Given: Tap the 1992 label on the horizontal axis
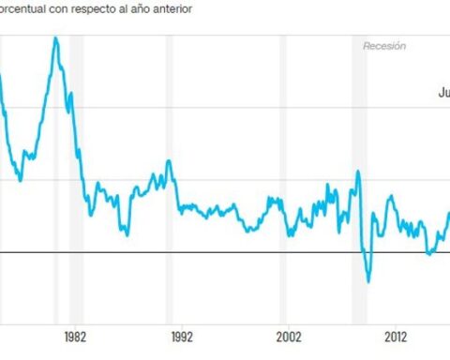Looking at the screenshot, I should coord(182,336).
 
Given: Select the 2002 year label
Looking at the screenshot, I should coord(289,336).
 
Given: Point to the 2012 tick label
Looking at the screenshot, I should coord(396,336).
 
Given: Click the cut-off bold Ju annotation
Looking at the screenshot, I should coord(443,93).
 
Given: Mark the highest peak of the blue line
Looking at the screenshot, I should coord(55,38).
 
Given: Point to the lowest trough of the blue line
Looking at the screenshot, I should coord(368,280).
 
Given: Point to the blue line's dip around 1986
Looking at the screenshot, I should coord(127,233).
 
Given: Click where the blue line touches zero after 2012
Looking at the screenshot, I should coord(428,252).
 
